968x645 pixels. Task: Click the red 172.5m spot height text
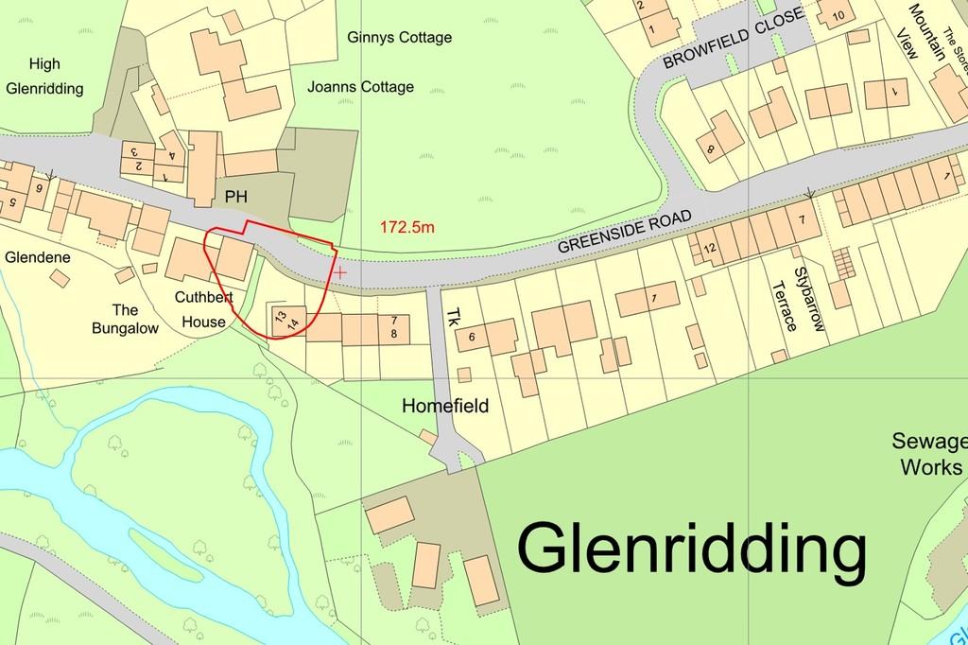point(407,227)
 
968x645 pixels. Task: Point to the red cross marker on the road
point(340,272)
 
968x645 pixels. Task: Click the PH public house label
point(236,195)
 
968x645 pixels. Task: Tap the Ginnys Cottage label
point(399,39)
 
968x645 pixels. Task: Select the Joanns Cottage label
point(360,87)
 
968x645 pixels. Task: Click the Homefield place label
point(445,407)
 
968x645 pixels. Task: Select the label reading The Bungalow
point(126,320)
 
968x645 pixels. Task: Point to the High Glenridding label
point(44,77)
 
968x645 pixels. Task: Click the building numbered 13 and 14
point(286,320)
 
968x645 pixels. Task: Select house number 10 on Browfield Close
point(837,14)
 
